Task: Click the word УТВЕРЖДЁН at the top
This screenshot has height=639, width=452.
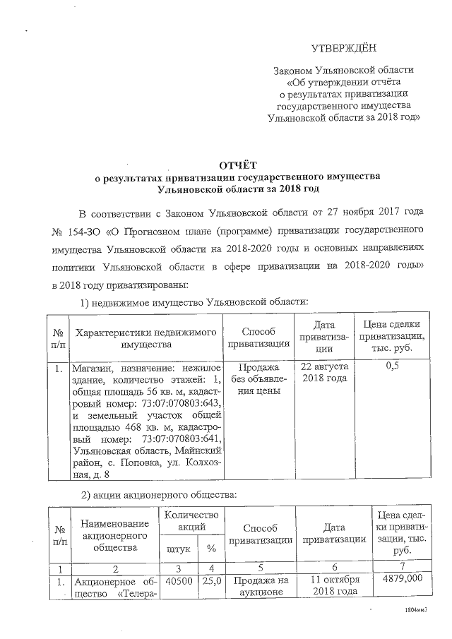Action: point(344,48)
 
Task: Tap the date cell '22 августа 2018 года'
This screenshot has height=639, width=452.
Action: point(323,374)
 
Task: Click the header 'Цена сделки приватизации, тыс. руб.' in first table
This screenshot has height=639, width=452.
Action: point(393,337)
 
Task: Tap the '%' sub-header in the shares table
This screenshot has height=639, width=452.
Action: point(210,548)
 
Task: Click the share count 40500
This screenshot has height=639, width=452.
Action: point(177,579)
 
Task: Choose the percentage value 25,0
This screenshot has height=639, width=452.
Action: point(210,579)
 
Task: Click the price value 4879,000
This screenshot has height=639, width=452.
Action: point(402,579)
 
